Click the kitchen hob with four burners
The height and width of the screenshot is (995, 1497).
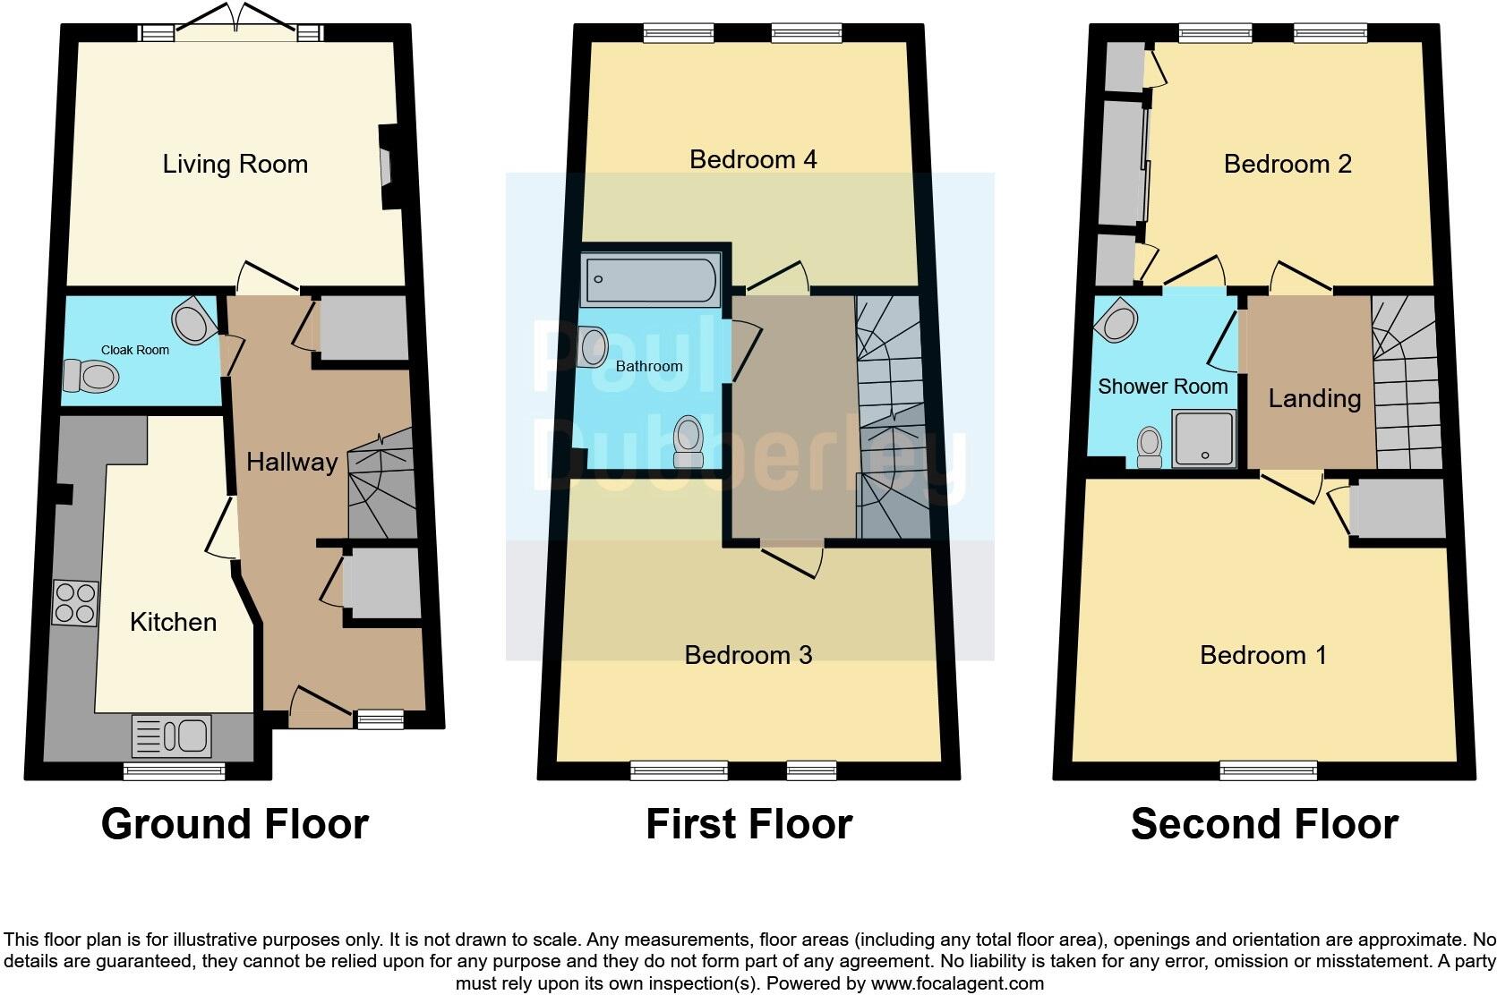pyautogui.click(x=74, y=602)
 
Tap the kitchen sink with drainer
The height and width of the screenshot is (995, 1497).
pyautogui.click(x=171, y=736)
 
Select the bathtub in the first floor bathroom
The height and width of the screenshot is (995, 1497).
pyautogui.click(x=650, y=279)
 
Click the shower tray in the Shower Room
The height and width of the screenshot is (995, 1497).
pyautogui.click(x=1204, y=438)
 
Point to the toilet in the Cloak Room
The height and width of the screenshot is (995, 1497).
pyautogui.click(x=90, y=377)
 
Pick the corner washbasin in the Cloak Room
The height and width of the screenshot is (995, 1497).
pyautogui.click(x=193, y=322)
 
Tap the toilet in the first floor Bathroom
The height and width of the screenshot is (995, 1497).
pyautogui.click(x=689, y=442)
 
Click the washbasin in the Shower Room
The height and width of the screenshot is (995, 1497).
pyautogui.click(x=1120, y=320)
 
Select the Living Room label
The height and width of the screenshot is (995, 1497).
pyautogui.click(x=235, y=164)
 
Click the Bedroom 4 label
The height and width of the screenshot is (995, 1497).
pyautogui.click(x=753, y=159)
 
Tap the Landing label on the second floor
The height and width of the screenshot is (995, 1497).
pyautogui.click(x=1313, y=398)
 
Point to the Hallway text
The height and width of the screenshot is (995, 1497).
pyautogui.click(x=292, y=462)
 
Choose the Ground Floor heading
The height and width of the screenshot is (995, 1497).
pyautogui.click(x=235, y=824)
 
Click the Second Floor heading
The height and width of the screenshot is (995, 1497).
pyautogui.click(x=1264, y=824)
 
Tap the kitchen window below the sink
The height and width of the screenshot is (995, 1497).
pyautogui.click(x=175, y=770)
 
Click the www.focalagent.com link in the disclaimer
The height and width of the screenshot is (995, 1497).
pyautogui.click(x=957, y=983)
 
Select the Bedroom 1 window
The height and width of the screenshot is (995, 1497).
pyautogui.click(x=1268, y=770)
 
